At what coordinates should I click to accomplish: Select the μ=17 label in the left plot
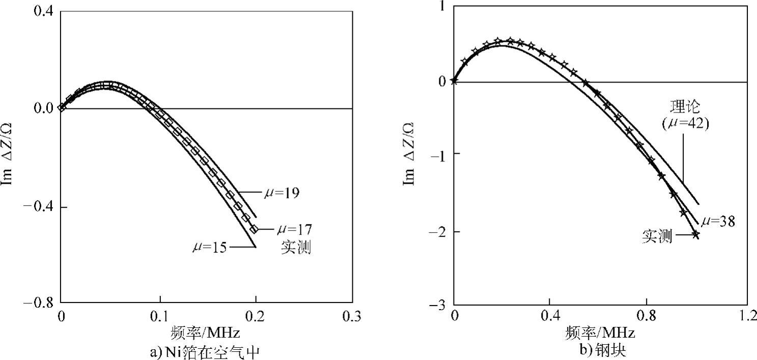(294, 229)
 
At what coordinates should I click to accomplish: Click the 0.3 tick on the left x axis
(351, 316)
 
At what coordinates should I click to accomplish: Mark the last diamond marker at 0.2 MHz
(254, 230)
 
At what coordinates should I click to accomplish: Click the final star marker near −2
(695, 234)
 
